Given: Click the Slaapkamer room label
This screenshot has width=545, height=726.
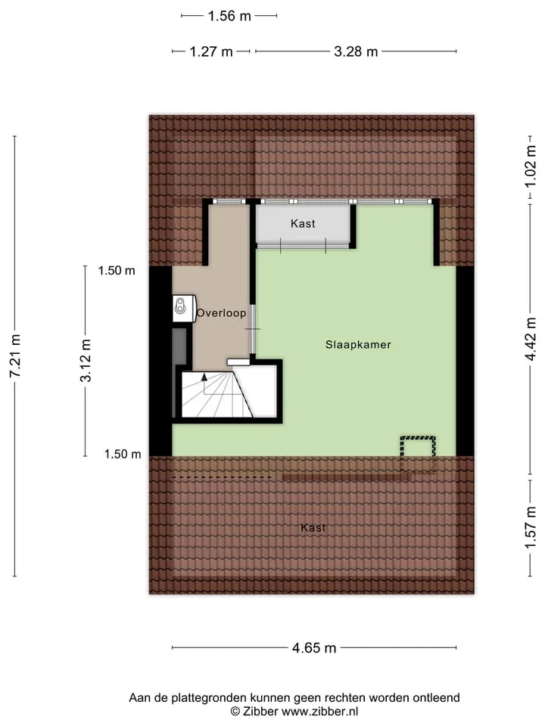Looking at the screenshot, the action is [x=358, y=345].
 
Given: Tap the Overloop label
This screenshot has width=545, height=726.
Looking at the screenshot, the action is [x=221, y=313].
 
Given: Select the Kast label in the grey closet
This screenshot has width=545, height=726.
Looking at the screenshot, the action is [x=303, y=224].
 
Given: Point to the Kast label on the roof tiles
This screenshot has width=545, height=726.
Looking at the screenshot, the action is [x=313, y=528].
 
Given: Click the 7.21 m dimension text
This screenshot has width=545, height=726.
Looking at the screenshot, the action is [x=15, y=355].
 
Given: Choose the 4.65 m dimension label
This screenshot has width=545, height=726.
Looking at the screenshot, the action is [x=313, y=648].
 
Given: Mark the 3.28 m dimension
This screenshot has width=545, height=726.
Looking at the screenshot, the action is [x=356, y=51].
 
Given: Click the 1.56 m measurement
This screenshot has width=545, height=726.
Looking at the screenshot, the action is [x=229, y=16].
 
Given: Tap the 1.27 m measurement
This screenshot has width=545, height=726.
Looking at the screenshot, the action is [x=211, y=51].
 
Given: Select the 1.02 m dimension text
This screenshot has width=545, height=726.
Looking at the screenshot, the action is [x=530, y=166].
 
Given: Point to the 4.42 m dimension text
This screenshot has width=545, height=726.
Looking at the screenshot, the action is [x=530, y=339].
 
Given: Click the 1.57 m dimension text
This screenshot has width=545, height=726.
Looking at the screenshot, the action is [x=530, y=527].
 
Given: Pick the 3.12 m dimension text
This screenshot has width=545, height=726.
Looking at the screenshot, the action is [x=86, y=361].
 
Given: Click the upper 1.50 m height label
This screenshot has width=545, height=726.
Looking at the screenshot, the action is [x=117, y=271].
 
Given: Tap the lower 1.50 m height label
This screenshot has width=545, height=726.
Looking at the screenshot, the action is [x=123, y=455].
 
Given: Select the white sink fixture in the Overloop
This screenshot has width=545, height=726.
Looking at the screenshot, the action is [x=184, y=309].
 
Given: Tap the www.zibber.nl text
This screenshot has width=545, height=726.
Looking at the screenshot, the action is [x=319, y=712].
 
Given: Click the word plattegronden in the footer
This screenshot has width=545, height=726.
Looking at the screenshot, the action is [x=210, y=698].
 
